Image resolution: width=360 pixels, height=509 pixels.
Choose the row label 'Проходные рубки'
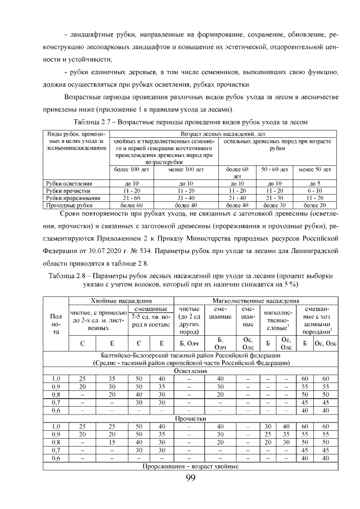67,205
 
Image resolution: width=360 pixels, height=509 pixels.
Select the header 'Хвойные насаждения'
120,301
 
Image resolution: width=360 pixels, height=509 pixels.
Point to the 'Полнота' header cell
56,325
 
